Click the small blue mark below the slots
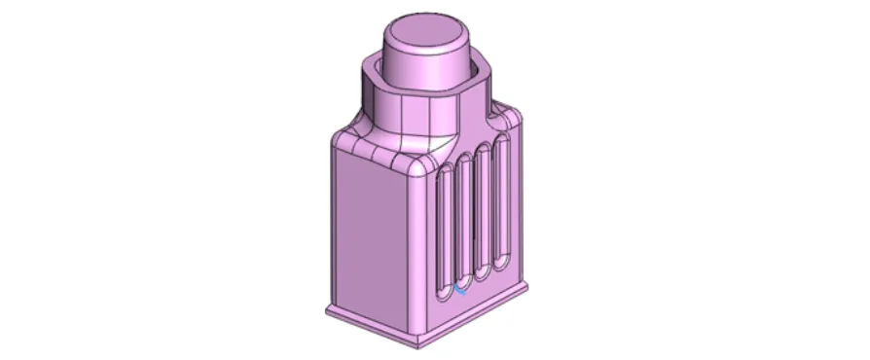pos(459,288)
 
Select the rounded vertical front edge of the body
pos(420,253)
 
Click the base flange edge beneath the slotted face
pos(477,315)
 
